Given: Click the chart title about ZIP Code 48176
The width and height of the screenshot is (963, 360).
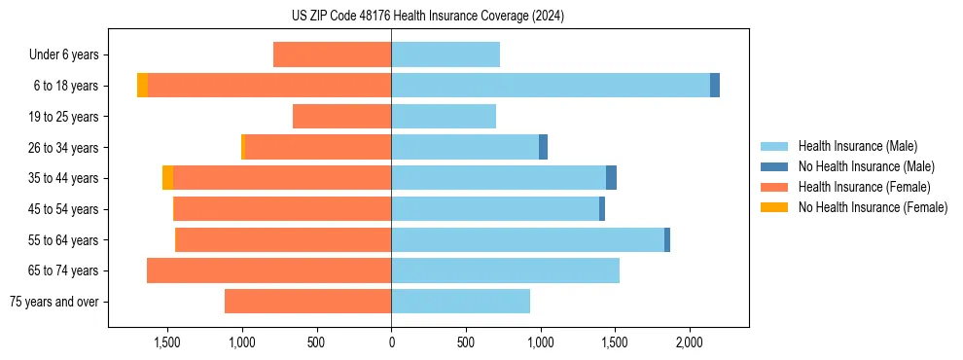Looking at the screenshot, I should coord(429,16).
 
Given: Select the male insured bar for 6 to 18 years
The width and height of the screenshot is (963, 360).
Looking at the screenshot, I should coord(551,86).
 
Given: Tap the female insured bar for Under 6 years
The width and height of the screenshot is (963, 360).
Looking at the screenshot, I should coord(333,54).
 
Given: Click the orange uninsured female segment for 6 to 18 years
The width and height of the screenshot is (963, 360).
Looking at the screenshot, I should coord(143,86).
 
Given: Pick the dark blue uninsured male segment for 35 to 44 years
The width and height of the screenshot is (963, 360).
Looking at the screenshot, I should coord(611,178).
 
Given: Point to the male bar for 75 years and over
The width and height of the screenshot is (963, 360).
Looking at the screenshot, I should coord(461,302).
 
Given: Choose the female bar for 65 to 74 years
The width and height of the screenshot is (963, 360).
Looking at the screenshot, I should coord(269,270).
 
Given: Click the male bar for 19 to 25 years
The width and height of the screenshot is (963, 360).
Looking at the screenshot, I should coord(444,117).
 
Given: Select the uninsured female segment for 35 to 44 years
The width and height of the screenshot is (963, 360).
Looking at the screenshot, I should coord(168,178).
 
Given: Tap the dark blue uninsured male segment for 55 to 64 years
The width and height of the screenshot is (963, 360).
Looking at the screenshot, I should coord(667,240).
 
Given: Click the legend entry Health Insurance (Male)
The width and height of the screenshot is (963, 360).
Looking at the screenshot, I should coord(857,146).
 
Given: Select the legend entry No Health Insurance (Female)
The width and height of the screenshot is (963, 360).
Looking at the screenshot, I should coord(873,207).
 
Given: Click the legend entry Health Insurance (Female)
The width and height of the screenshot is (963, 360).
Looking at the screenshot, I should coord(864,187).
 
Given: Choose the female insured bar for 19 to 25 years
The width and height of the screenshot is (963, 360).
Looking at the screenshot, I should coord(342,117).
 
